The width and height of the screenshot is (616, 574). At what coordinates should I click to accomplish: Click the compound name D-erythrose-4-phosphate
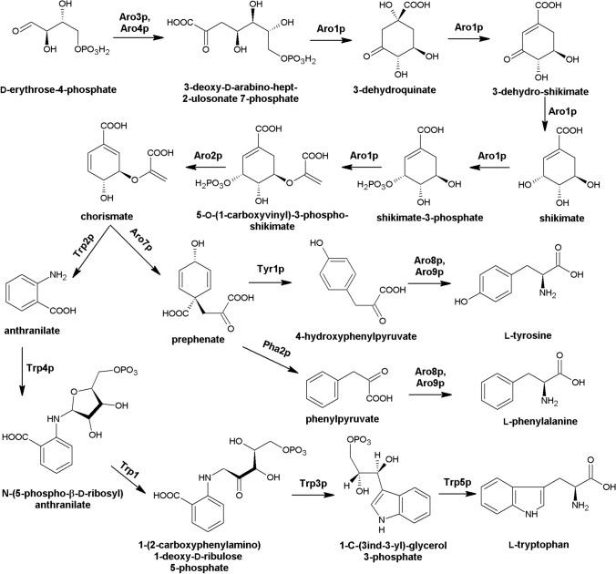(x=61, y=90)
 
